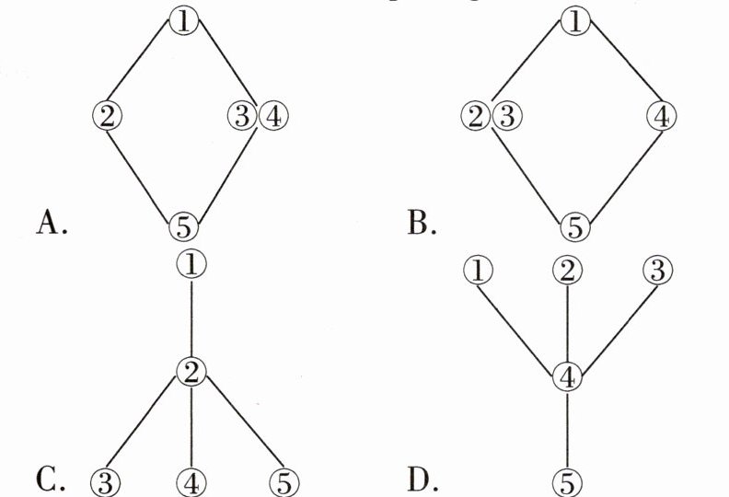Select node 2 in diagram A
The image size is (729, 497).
tap(108, 116)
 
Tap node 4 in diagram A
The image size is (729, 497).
tap(273, 116)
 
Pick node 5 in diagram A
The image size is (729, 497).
tap(185, 224)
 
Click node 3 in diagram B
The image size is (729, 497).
tap(506, 116)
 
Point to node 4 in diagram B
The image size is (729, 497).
tap(661, 117)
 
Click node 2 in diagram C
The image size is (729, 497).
tap(191, 372)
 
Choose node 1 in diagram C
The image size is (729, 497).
tap(191, 264)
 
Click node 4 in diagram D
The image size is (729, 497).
tap(568, 376)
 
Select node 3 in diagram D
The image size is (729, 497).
tap(657, 270)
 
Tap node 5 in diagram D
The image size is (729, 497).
tap(568, 481)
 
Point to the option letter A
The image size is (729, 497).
tap(51, 224)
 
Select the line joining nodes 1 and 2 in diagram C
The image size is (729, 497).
tap(191, 318)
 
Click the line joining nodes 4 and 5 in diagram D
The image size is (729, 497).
tap(568, 429)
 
